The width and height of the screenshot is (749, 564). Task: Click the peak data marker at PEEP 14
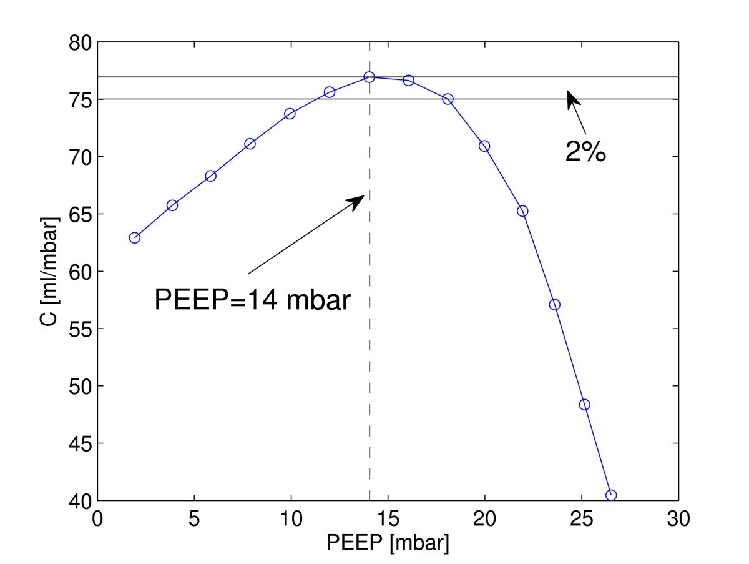tap(369, 77)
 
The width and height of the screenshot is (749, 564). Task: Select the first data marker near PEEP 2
tap(134, 237)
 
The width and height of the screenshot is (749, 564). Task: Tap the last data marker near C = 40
tap(611, 495)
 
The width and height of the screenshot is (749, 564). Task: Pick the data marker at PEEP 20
tap(484, 146)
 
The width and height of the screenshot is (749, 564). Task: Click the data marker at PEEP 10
tap(290, 114)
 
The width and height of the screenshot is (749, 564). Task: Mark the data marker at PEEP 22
tap(522, 210)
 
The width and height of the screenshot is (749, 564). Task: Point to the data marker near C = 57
tap(554, 305)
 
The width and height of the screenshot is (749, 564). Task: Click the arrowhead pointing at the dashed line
tap(358, 201)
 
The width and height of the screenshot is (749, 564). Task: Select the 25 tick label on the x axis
tap(581, 519)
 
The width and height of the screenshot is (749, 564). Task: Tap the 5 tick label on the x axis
tap(194, 519)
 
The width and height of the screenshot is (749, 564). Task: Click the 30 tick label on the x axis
tap(678, 519)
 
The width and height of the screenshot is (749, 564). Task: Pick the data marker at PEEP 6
tap(211, 176)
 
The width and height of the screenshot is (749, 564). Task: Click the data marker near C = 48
tap(584, 404)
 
